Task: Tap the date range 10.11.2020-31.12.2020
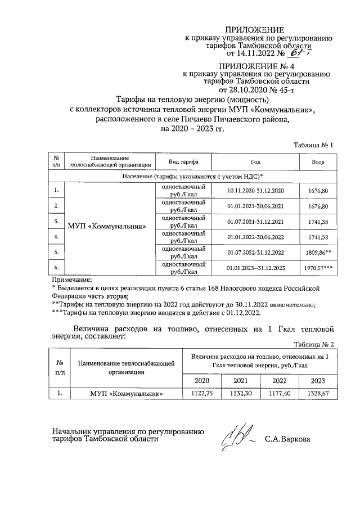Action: (x=255, y=191)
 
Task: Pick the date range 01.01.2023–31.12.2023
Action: (x=255, y=268)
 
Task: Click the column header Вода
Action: (x=318, y=161)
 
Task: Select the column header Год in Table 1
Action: (x=255, y=161)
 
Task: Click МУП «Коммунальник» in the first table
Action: (x=107, y=227)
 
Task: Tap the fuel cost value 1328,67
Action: (x=318, y=393)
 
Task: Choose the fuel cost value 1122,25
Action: (x=202, y=393)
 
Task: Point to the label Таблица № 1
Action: (x=314, y=145)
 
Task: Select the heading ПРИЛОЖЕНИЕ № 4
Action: (x=255, y=66)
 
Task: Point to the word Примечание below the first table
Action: (x=71, y=280)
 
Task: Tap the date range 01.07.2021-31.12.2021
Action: (x=255, y=222)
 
